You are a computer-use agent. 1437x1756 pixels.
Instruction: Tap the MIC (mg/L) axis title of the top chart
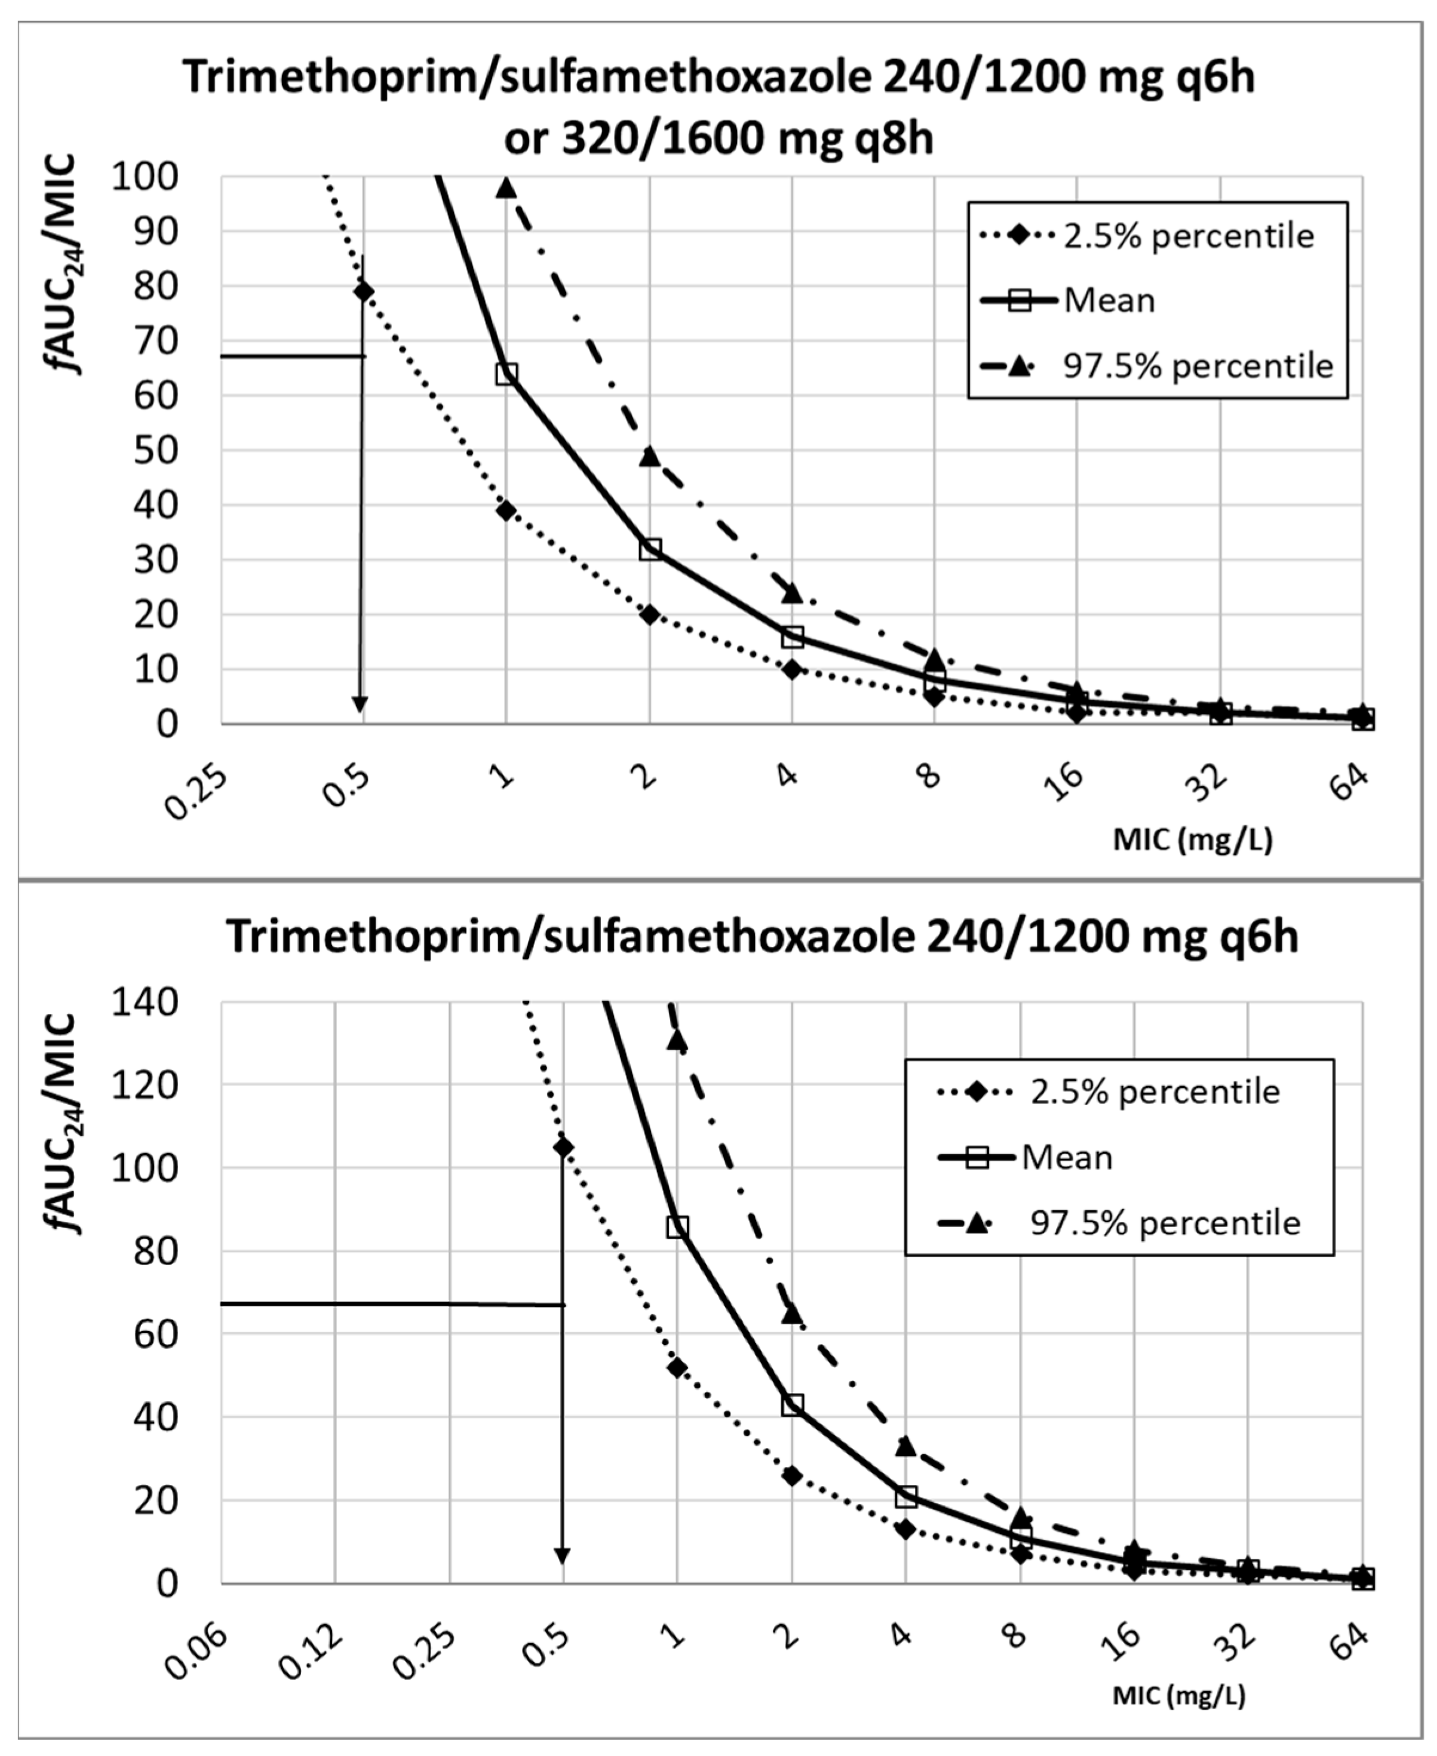(1192, 840)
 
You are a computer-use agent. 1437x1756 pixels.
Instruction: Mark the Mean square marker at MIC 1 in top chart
(506, 374)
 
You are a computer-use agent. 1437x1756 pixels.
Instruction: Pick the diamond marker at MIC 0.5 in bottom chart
(563, 1147)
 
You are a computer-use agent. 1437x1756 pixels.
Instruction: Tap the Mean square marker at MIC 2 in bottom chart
(792, 1405)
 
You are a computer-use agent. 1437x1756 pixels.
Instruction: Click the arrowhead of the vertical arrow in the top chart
(360, 703)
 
